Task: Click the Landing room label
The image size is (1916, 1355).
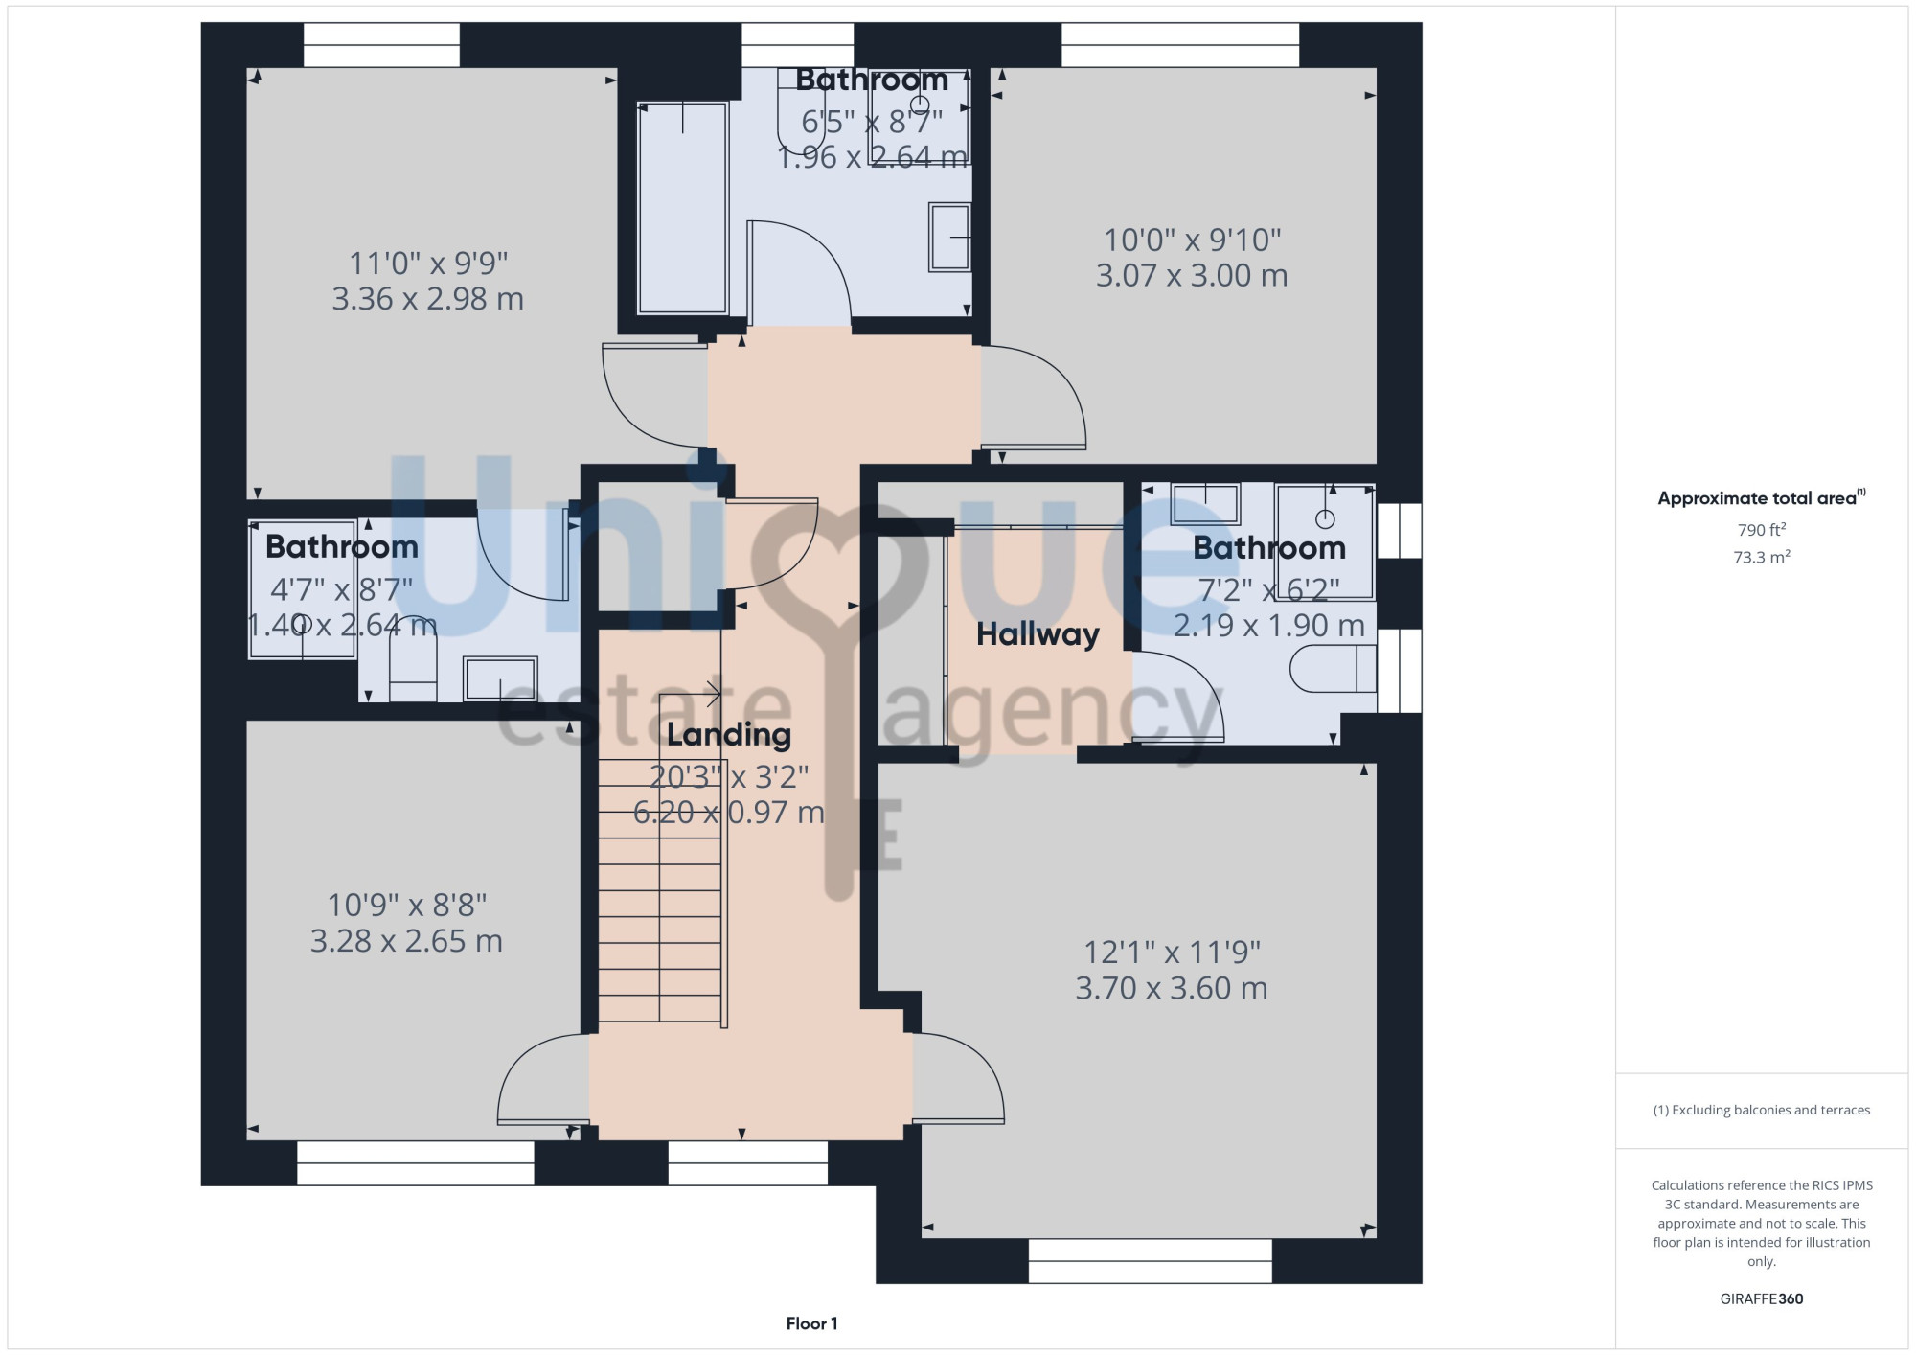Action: pos(729,735)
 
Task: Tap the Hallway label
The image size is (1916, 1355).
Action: pos(1038,634)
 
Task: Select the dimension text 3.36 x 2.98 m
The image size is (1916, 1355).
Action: pos(428,299)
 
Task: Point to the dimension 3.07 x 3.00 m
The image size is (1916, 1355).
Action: pos(1192,276)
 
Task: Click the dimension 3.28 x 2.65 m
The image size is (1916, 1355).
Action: pos(406,941)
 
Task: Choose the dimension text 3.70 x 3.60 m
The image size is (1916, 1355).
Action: pos(1172,988)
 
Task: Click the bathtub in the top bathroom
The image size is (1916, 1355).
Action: pos(682,208)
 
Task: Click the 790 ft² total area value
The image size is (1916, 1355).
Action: pos(1762,530)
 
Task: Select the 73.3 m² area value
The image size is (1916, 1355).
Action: pos(1762,557)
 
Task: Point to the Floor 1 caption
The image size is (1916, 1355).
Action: pos(811,1323)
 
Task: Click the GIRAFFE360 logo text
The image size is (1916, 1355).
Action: pos(1762,1299)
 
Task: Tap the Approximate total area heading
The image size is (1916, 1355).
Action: pos(1762,497)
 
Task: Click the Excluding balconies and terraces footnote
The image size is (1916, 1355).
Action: pos(1762,1110)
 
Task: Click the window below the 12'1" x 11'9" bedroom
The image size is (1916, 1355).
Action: pos(1151,1261)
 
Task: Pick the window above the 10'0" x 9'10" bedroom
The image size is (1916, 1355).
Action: pos(1180,45)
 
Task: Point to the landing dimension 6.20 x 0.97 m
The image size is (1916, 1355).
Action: pos(729,813)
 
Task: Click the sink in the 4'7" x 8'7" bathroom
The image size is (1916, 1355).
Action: pos(499,678)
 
